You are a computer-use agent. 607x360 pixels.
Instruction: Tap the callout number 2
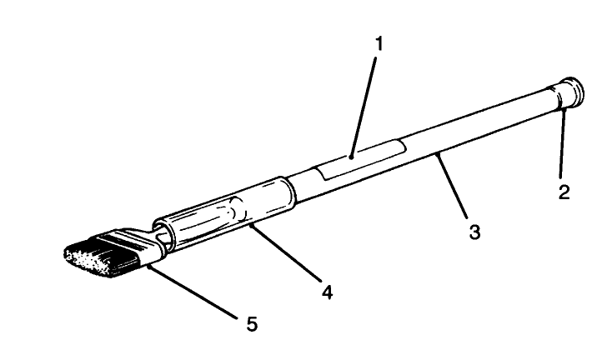564,192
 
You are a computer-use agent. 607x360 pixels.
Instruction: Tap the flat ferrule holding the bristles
144,245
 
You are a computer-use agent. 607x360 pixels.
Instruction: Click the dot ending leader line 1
353,155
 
